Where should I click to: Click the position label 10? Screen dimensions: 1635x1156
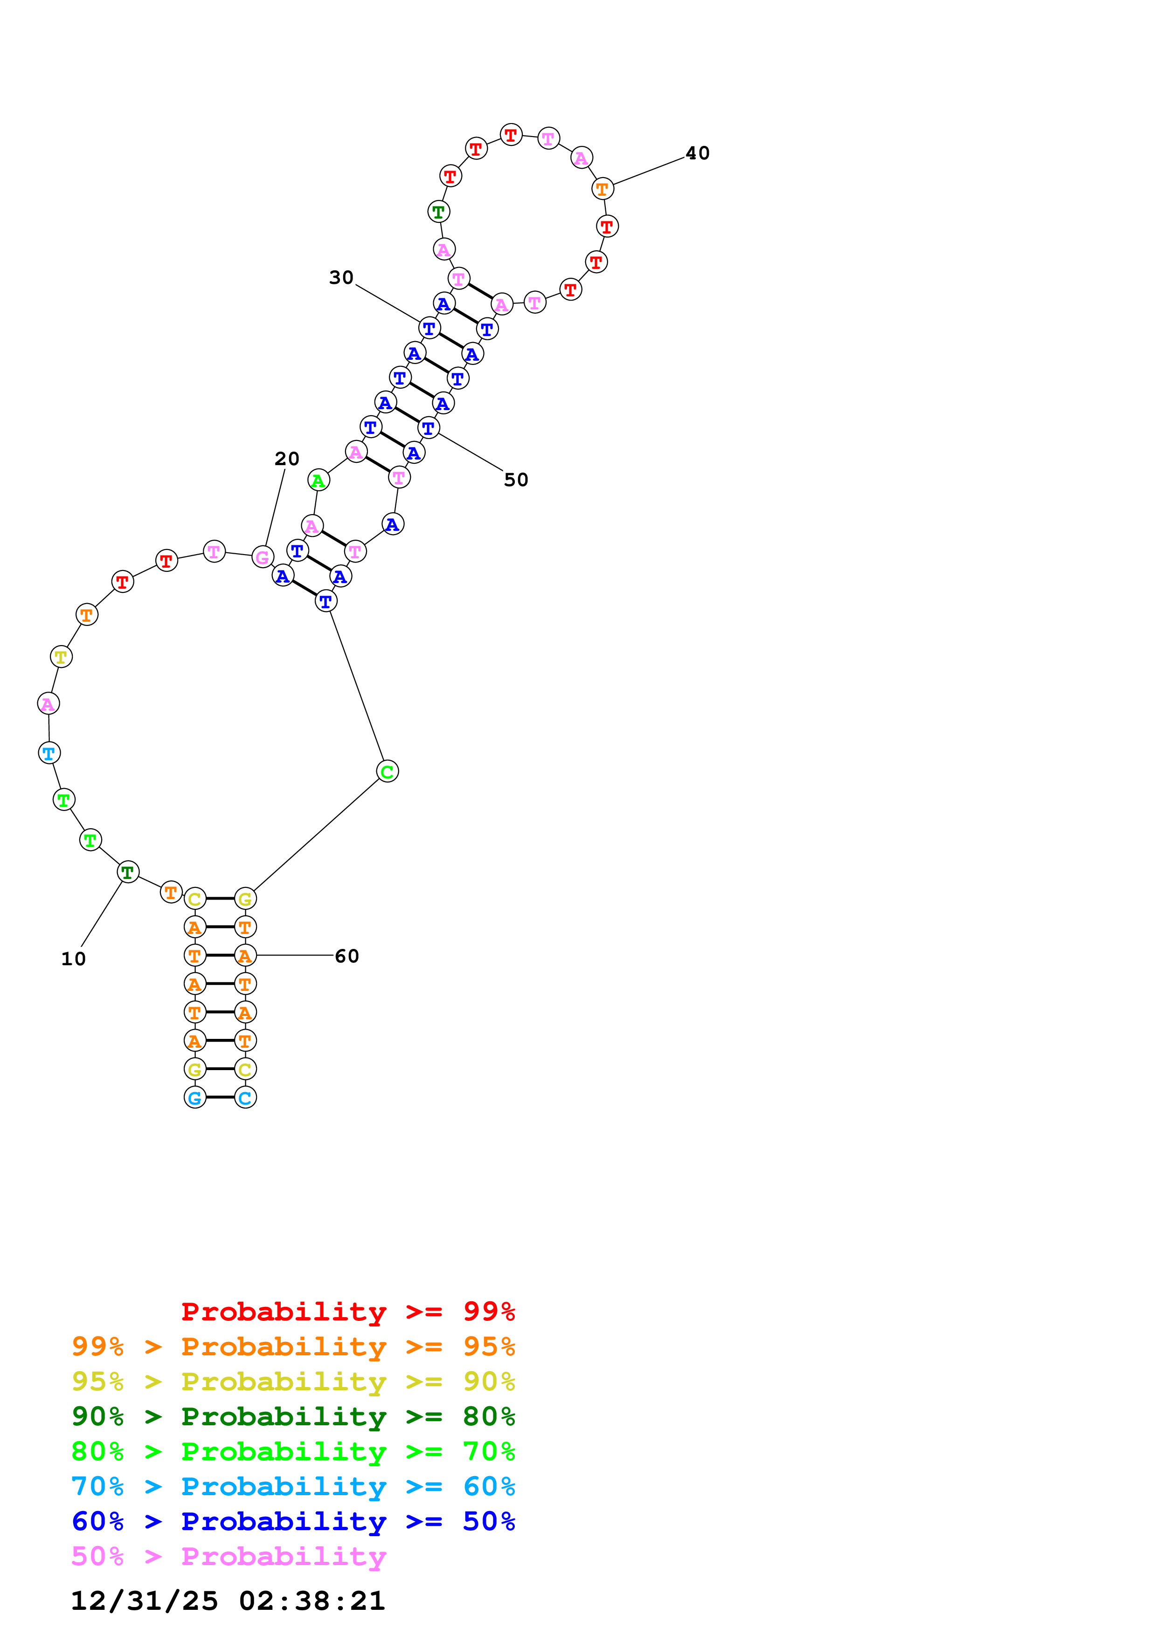[73, 959]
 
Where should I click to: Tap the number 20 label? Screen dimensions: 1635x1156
[287, 459]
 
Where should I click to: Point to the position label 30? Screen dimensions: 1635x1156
[341, 278]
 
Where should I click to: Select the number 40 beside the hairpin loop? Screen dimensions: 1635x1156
[697, 153]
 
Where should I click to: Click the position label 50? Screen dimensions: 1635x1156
[516, 480]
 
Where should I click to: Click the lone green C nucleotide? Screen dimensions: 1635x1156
[388, 771]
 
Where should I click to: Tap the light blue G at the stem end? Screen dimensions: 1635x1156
[194, 1097]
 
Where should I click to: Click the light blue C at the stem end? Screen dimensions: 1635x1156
[245, 1097]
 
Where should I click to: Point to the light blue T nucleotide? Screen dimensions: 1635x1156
[49, 753]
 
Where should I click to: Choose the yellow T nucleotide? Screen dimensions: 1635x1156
[61, 657]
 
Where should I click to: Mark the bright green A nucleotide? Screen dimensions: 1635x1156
[318, 480]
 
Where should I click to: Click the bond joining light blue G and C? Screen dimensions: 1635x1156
[220, 1097]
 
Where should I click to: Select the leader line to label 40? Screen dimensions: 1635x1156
[648, 172]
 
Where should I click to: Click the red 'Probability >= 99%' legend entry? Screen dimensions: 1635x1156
[347, 1312]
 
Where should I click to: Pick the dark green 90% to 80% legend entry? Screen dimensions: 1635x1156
[293, 1416]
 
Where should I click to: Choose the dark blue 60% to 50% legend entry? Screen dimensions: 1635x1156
[293, 1522]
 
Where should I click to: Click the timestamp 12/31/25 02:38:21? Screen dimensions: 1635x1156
[228, 1601]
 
